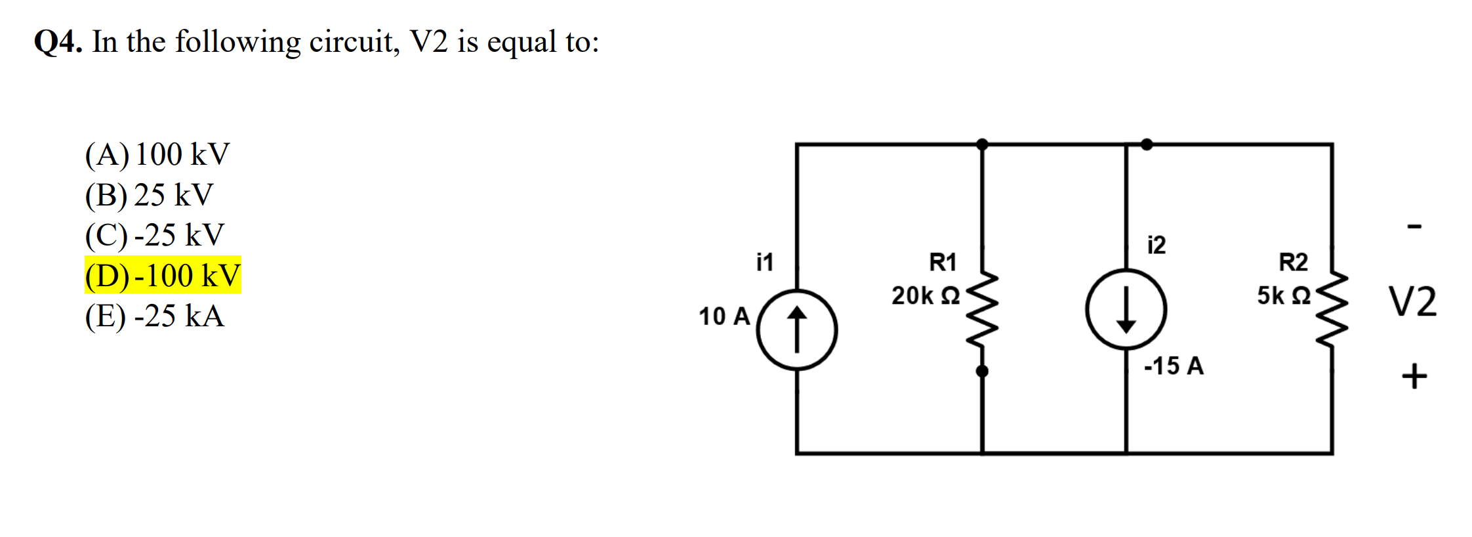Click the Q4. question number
(x=58, y=42)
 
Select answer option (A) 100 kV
(x=157, y=155)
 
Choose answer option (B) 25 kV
(x=150, y=195)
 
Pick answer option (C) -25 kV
(x=155, y=235)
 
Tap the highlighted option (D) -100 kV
(x=163, y=275)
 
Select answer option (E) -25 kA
(x=155, y=316)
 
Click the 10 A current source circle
(x=796, y=330)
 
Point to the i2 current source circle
(x=1126, y=309)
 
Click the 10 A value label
(x=724, y=316)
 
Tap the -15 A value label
(x=1174, y=366)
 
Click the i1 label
(x=765, y=262)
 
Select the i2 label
(x=1156, y=245)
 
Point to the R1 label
(x=943, y=263)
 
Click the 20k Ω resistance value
(x=925, y=295)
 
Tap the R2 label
(x=1293, y=263)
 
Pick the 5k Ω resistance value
(x=1283, y=295)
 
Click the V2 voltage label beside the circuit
(x=1412, y=302)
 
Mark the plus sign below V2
(x=1414, y=376)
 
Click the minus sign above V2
(x=1414, y=226)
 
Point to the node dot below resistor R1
(x=982, y=372)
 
